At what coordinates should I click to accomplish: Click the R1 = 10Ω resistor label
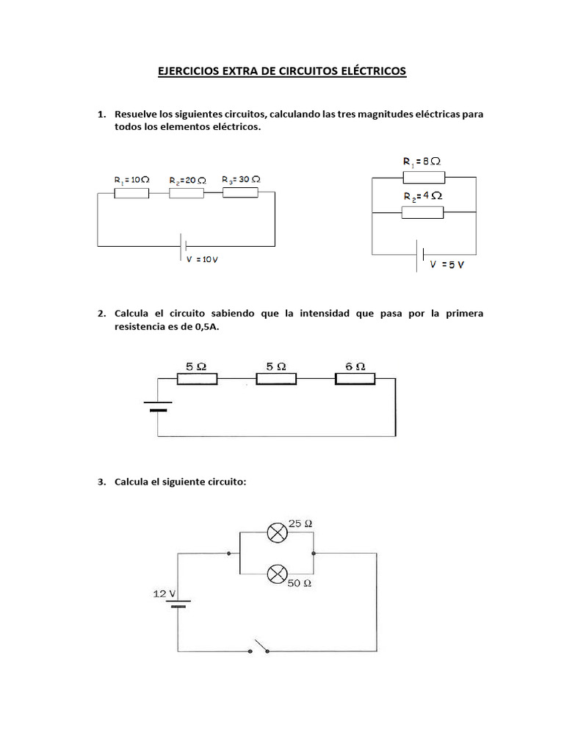tap(132, 179)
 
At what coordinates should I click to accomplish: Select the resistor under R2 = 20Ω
tap(187, 193)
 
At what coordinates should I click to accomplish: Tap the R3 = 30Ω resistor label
tap(241, 178)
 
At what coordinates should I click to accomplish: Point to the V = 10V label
tap(202, 259)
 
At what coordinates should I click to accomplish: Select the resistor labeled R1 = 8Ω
tap(423, 176)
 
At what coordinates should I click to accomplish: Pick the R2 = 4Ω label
tap(422, 196)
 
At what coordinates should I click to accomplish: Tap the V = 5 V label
tap(446, 264)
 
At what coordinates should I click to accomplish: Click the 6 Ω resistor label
tap(355, 365)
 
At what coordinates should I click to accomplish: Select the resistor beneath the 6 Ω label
tap(355, 378)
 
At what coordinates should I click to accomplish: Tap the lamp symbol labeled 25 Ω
tap(277, 533)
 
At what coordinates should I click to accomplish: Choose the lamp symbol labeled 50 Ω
tap(277, 574)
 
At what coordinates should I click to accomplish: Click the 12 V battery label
tap(164, 593)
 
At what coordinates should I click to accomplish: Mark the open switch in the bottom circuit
tap(261, 647)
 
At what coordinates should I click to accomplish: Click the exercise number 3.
tap(101, 482)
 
